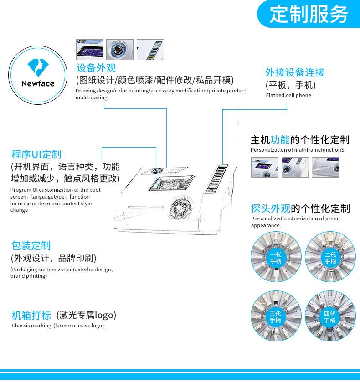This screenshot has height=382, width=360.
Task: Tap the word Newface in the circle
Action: coord(38,84)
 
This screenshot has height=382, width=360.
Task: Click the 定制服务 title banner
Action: coord(309,14)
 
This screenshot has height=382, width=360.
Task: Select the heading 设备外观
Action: coord(96,68)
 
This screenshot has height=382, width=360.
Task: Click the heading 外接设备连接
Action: coord(295,72)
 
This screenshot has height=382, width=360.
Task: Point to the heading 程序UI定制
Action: coord(36,154)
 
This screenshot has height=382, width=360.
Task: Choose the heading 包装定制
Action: coord(31,245)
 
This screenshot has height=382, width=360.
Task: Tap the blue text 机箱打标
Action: coord(31,315)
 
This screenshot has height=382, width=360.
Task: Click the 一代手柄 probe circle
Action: coord(276,257)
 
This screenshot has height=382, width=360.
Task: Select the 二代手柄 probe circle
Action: coord(330,257)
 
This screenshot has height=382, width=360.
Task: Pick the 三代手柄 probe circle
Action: coord(276,316)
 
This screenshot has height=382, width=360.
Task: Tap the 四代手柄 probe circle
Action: coord(330,316)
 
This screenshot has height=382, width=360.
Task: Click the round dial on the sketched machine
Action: coord(181,208)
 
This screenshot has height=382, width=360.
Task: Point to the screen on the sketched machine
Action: coord(172,183)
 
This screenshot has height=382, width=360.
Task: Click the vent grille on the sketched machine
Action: coord(217,178)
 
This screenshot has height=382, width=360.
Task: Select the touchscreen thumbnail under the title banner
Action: coord(90,50)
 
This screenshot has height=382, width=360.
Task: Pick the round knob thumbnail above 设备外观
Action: coord(120,50)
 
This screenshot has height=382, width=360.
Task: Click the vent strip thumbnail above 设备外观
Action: coord(150,50)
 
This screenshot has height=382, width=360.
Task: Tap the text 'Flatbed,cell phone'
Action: coord(288,95)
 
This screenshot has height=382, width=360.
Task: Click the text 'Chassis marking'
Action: coord(31,326)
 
